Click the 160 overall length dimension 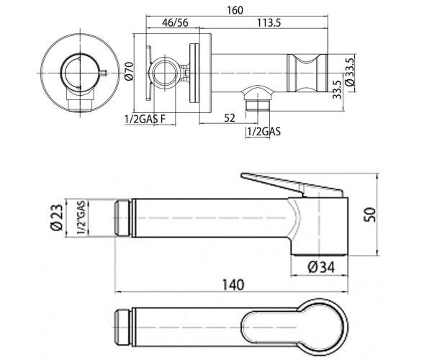point(235,10)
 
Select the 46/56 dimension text point(175,22)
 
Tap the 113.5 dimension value point(269,22)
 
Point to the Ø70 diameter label point(129,71)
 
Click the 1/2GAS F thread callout point(145,120)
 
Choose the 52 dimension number point(230,118)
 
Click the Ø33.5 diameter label point(350,72)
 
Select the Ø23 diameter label point(57,217)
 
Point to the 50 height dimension point(371,215)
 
